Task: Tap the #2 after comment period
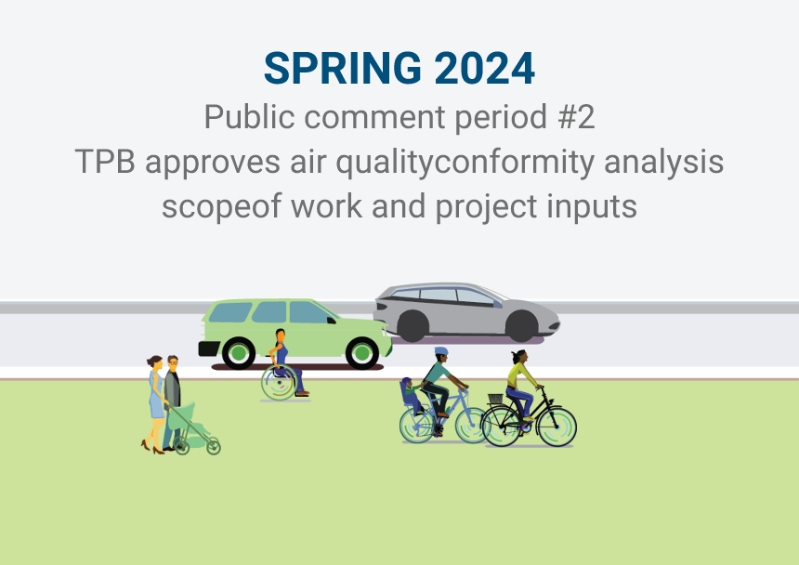click(575, 117)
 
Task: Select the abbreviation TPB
click(105, 162)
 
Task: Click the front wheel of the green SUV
click(361, 353)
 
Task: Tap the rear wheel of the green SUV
click(239, 353)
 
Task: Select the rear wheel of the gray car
click(413, 326)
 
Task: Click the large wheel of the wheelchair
click(279, 382)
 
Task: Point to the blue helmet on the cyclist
click(440, 352)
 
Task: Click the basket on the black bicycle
click(495, 401)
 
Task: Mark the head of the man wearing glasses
click(171, 362)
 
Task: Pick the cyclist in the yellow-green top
click(521, 381)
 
